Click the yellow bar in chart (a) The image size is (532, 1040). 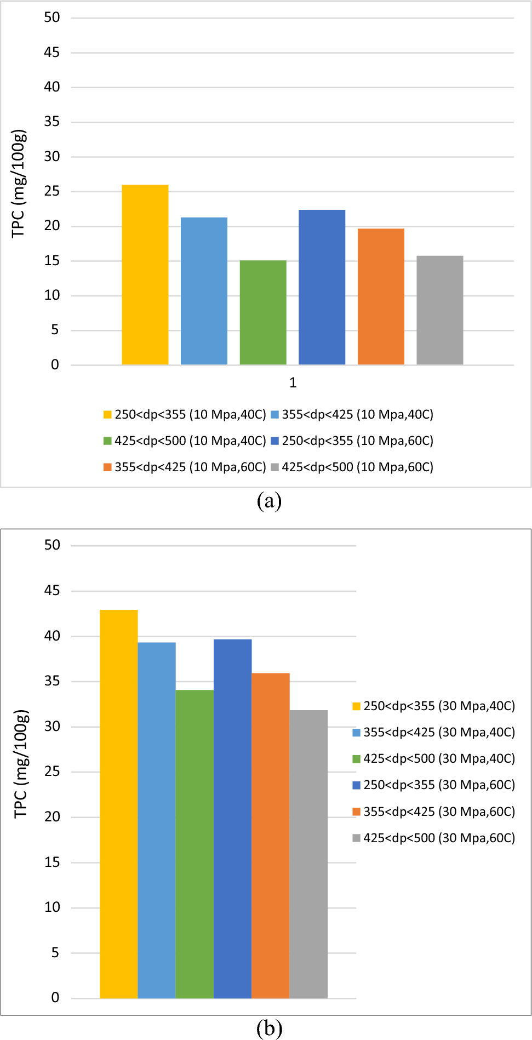(x=145, y=275)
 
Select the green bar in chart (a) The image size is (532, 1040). (x=263, y=312)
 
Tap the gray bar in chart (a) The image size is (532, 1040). (x=439, y=310)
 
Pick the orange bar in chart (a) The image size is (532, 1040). (x=381, y=296)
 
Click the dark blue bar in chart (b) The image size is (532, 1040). (x=232, y=819)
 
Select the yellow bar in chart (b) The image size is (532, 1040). (x=118, y=804)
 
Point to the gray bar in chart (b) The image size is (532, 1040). (x=308, y=854)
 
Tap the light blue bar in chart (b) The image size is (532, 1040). (x=157, y=820)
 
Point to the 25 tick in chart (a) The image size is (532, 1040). (x=52, y=191)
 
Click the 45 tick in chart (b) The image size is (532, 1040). (x=52, y=591)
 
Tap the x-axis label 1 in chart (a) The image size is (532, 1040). (x=293, y=382)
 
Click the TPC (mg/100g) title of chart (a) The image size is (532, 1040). (x=19, y=184)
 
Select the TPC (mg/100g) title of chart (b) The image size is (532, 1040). (x=21, y=764)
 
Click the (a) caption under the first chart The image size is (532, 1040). (x=269, y=500)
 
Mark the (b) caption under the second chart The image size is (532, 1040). (x=269, y=1028)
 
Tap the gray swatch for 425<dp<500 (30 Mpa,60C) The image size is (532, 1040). (x=356, y=838)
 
